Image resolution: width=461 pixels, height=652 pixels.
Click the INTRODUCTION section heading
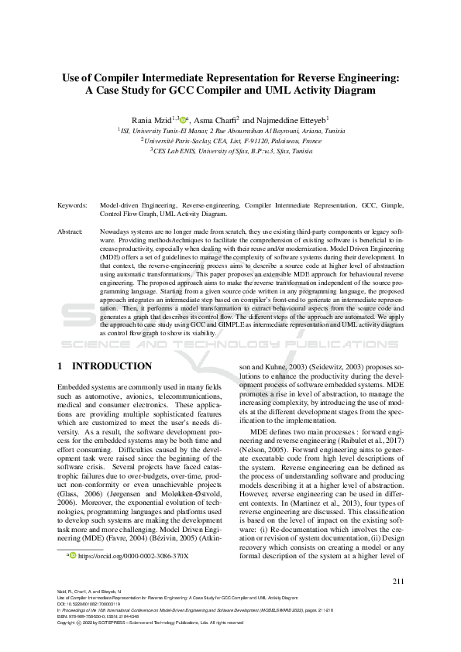[x=111, y=365]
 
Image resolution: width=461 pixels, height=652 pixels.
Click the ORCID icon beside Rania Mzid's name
[x=183, y=120]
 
